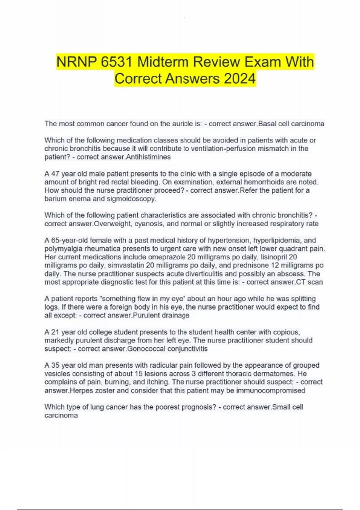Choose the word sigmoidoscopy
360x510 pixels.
coord(131,199)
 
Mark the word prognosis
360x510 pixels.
coord(199,407)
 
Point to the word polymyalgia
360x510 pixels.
coord(60,249)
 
